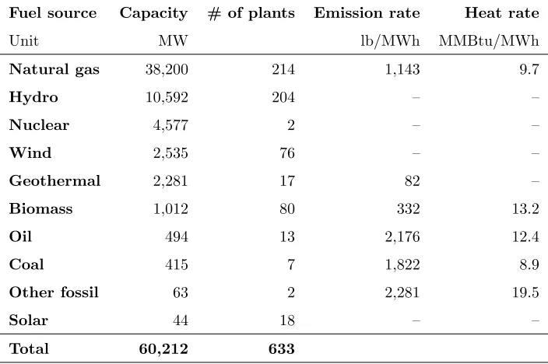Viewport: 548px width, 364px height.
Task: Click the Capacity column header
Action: tap(154, 14)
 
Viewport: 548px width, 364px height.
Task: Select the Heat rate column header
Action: tap(502, 13)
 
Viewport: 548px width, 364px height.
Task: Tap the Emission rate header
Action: tap(367, 13)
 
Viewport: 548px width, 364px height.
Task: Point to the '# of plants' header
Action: tap(251, 14)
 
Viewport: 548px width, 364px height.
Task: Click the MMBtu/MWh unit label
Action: tap(489, 41)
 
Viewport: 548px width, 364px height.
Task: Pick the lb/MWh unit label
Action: tap(391, 41)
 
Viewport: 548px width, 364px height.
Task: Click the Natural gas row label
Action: tap(54, 69)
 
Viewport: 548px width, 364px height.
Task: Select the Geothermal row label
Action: tap(54, 180)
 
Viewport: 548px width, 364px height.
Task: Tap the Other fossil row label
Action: tap(54, 292)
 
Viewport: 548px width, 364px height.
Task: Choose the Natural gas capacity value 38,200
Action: tap(167, 69)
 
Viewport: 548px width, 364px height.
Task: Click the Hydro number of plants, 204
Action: tap(283, 97)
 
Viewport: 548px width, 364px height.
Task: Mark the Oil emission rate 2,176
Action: tap(402, 237)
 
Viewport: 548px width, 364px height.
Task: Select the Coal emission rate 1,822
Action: tap(402, 264)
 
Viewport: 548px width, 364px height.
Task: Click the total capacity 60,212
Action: tap(163, 348)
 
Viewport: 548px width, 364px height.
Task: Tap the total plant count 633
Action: tap(282, 348)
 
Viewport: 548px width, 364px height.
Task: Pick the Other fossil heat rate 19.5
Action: tap(525, 292)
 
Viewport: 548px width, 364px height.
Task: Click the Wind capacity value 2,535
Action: tap(170, 153)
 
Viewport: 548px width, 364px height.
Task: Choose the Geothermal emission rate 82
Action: tap(413, 180)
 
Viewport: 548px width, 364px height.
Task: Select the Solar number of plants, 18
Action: tap(287, 320)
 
